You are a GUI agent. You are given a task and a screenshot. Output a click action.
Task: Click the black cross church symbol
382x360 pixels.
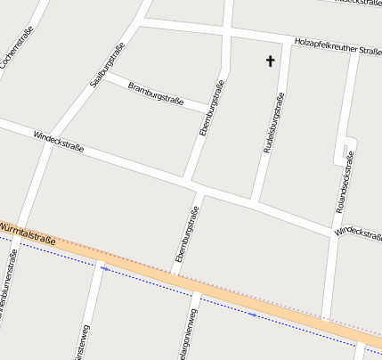(270, 61)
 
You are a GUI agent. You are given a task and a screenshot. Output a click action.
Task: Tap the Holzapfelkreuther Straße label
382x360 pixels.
(337, 45)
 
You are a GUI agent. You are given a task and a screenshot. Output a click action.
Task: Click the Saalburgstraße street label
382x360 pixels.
(106, 65)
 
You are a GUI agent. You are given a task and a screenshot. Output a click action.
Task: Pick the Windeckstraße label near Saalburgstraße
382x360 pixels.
(58, 143)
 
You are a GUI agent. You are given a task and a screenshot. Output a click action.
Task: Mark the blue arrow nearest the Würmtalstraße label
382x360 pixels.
(105, 266)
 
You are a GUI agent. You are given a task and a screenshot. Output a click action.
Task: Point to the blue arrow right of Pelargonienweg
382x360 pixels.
(253, 314)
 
